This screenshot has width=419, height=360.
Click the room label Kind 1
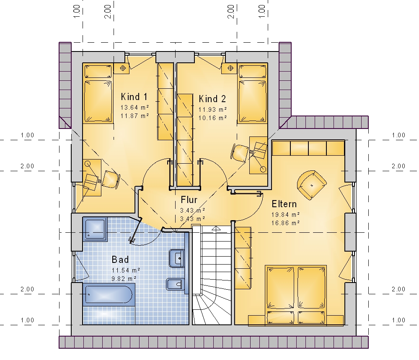pyautogui.click(x=134, y=97)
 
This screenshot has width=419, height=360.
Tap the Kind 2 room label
pyautogui.click(x=212, y=99)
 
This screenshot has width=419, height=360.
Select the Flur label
pyautogui.click(x=189, y=200)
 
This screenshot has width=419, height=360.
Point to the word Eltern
pyautogui.click(x=284, y=204)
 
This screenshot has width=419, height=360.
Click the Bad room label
pyautogui.click(x=120, y=259)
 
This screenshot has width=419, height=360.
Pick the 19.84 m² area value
pyautogui.click(x=285, y=214)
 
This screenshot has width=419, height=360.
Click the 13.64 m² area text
pyautogui.click(x=134, y=107)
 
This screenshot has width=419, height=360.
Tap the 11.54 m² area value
pyautogui.click(x=126, y=270)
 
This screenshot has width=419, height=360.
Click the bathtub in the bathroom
pyautogui.click(x=109, y=295)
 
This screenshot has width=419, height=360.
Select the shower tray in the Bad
pyautogui.click(x=95, y=229)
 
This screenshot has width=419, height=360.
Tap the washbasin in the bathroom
pyautogui.click(x=177, y=258)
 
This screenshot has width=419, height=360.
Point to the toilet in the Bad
pyautogui.click(x=175, y=284)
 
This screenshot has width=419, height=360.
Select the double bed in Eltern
pyautogui.click(x=296, y=295)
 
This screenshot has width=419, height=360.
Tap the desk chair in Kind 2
pyautogui.click(x=240, y=153)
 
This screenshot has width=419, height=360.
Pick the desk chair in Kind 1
pyautogui.click(x=111, y=179)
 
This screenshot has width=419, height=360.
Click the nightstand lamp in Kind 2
pyautogui.click(x=230, y=68)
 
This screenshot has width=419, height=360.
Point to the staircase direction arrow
pyautogui.click(x=216, y=228)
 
